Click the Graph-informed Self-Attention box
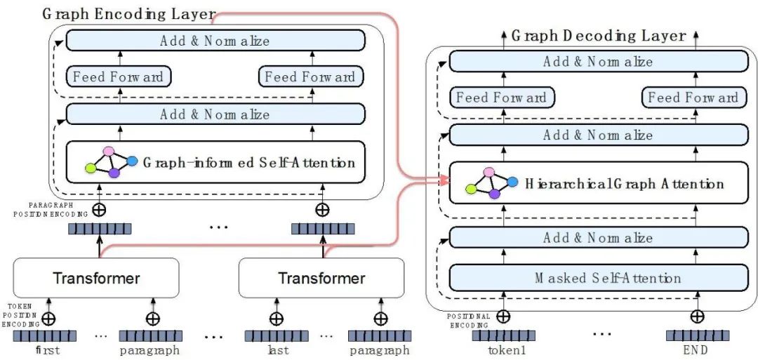(x=215, y=162)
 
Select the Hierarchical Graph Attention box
(x=598, y=183)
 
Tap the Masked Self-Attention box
(x=598, y=278)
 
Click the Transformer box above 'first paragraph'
(x=96, y=278)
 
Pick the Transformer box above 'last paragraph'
(x=321, y=278)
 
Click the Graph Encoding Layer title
(x=128, y=14)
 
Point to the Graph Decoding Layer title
(x=599, y=36)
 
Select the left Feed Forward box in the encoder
(x=119, y=76)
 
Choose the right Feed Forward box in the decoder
(x=693, y=98)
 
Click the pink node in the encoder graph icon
(x=109, y=152)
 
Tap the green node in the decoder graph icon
(x=471, y=189)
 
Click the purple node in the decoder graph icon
(x=494, y=194)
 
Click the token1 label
(x=503, y=350)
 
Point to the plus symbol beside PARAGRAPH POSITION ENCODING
(x=99, y=210)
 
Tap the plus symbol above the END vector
(x=697, y=316)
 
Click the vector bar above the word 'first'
(x=44, y=336)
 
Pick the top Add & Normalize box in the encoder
(x=215, y=40)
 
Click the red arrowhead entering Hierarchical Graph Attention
(x=445, y=181)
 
